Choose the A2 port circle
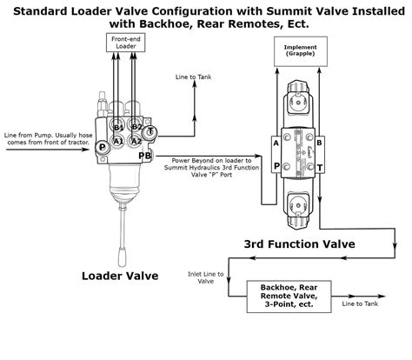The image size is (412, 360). pos(136,140)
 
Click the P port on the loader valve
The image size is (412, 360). pos(103,148)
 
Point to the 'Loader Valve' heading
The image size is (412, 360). pos(119,276)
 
